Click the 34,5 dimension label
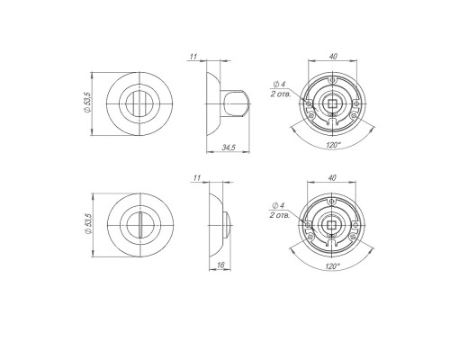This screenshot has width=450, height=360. [229, 148]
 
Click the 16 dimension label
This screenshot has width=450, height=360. [220, 265]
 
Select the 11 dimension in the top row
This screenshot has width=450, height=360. [193, 57]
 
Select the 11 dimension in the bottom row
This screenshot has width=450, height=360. [197, 178]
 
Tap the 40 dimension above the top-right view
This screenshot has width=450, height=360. [333, 56]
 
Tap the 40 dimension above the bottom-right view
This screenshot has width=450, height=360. [332, 178]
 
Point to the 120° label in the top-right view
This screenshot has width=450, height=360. [334, 145]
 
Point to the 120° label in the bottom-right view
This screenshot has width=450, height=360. [332, 266]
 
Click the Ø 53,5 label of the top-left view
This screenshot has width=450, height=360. [87, 103]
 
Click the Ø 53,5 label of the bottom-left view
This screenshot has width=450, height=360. [88, 224]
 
